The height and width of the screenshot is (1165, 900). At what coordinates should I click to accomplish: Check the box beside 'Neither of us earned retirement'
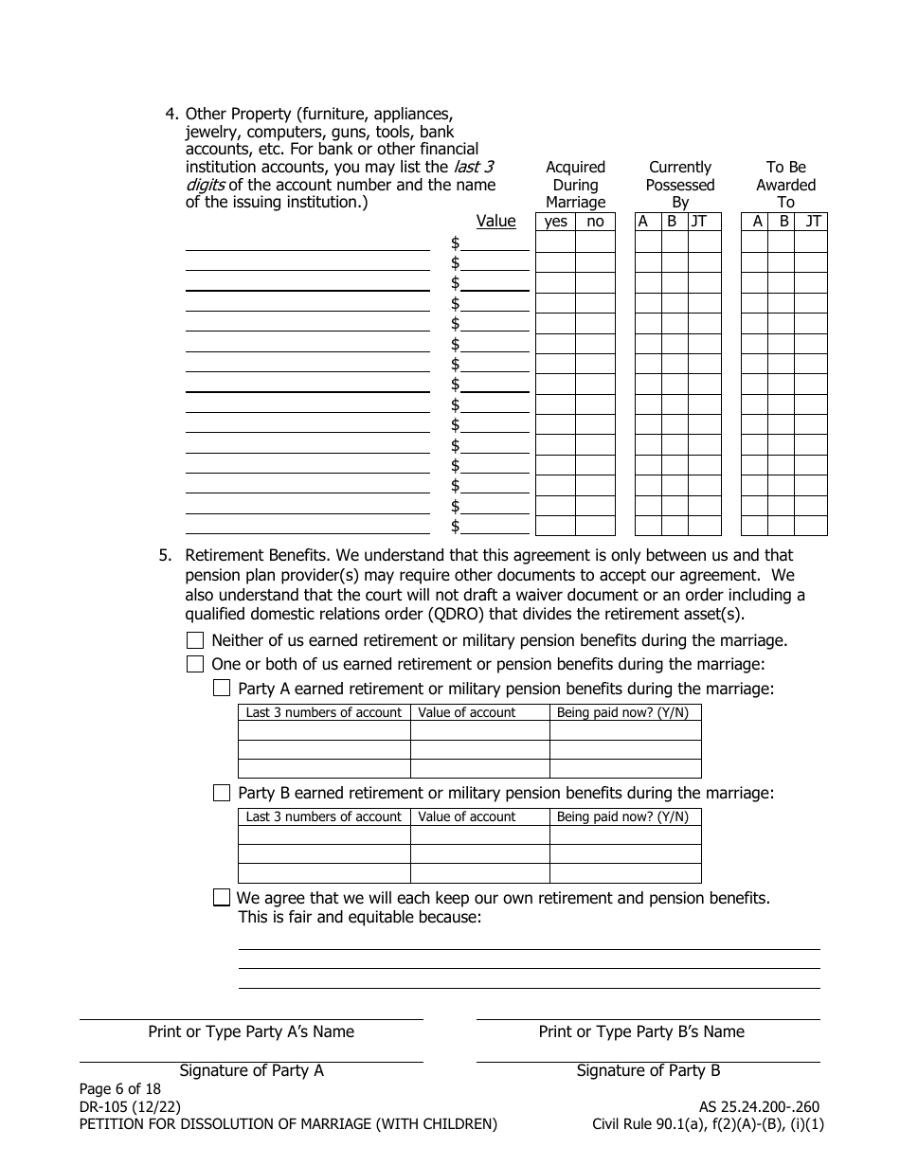tap(195, 640)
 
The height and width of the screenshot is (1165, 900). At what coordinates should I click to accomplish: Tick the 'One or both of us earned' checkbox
tap(195, 664)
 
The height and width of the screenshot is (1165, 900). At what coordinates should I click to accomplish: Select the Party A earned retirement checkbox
tap(222, 689)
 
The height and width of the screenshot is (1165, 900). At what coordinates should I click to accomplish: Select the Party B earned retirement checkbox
tap(222, 793)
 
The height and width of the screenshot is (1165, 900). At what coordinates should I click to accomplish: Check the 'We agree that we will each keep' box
tap(222, 897)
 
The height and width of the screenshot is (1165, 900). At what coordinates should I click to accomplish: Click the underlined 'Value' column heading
tap(495, 221)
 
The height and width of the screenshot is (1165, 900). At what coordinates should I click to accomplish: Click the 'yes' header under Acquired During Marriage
tap(556, 222)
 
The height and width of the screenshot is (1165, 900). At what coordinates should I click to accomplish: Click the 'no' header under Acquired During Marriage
tap(595, 222)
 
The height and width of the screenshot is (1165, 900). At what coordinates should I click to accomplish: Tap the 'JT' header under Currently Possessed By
tap(699, 222)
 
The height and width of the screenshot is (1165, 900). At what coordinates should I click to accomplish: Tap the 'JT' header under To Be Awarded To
tap(813, 222)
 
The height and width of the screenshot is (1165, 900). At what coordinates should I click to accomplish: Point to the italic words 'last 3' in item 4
tap(474, 167)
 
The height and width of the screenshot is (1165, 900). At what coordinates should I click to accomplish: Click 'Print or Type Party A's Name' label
tap(251, 1031)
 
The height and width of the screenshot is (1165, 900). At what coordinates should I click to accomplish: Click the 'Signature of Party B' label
tap(648, 1070)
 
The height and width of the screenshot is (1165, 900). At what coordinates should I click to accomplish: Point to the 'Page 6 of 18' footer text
tap(120, 1088)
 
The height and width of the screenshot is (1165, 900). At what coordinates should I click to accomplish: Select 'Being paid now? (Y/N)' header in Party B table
tap(622, 816)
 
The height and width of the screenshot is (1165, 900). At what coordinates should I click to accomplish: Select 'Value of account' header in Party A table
tap(467, 712)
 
